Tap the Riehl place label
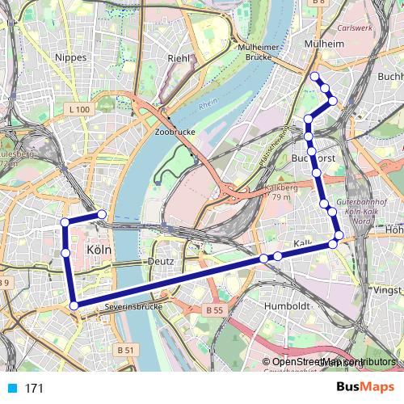click(x=177, y=58)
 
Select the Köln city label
click(x=98, y=250)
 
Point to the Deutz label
click(x=162, y=262)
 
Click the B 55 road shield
click(x=213, y=309)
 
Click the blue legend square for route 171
click(x=11, y=388)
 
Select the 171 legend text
click(x=34, y=389)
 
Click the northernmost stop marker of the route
click(x=314, y=77)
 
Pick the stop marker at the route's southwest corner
click(x=74, y=305)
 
